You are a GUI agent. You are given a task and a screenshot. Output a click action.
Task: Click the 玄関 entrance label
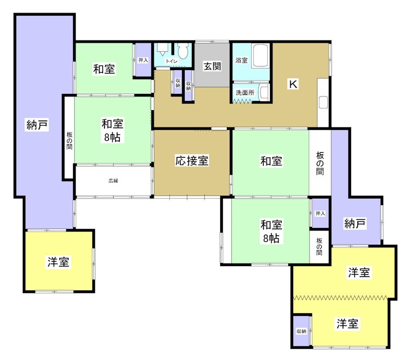click(212, 66)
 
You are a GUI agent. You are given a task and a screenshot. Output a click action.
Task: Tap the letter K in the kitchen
click(293, 85)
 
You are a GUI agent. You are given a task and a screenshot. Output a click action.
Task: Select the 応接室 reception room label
click(192, 161)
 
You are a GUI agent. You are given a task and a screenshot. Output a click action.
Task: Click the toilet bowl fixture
click(183, 51)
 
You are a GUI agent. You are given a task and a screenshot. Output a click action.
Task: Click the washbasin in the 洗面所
click(263, 92)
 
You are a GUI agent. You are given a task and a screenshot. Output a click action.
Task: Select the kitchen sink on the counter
click(323, 102)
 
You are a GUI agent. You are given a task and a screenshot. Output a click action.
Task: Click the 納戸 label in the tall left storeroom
click(37, 125)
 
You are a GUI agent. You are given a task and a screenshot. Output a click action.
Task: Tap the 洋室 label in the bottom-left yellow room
click(59, 262)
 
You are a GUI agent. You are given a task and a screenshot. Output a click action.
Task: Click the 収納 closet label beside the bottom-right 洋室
click(301, 331)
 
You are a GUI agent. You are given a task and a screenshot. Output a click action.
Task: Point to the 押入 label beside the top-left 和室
click(143, 60)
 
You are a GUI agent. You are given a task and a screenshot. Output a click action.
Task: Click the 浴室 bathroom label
click(241, 60)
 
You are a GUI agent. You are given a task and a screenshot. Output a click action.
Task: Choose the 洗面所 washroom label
click(245, 93)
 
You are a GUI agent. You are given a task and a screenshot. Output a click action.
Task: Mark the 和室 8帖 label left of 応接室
click(113, 130)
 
